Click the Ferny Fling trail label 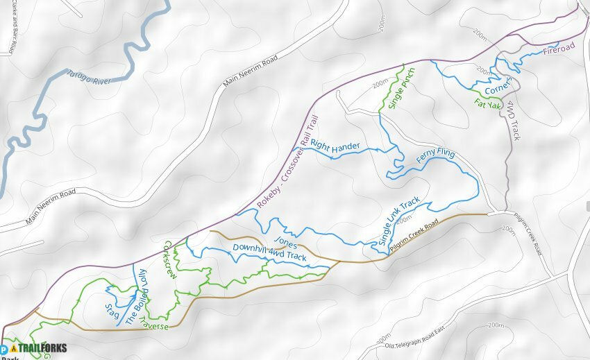(435, 157)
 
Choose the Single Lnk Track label (399, 221)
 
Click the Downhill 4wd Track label (269, 252)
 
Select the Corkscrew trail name (169, 260)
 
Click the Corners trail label (499, 87)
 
